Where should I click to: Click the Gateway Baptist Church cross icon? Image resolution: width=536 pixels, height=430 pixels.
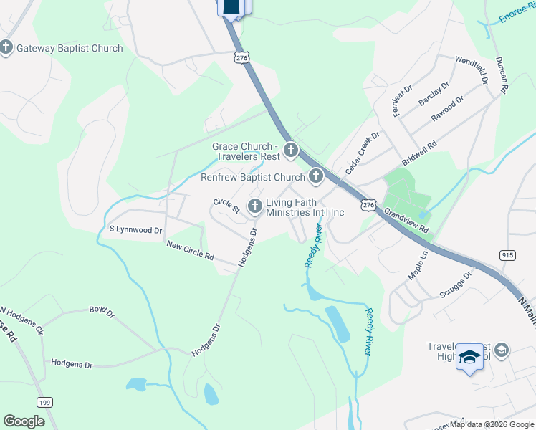tap(6, 48)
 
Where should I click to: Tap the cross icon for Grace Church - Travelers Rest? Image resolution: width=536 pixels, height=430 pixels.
tap(291, 150)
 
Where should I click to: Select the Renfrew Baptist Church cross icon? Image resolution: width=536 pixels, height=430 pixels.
tap(316, 176)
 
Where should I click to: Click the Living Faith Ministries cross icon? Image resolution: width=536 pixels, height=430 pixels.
tap(254, 207)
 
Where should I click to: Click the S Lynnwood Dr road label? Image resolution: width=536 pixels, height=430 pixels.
tap(135, 229)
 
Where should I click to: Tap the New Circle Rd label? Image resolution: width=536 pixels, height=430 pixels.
tap(190, 250)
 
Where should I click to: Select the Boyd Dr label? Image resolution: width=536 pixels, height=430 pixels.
tap(102, 311)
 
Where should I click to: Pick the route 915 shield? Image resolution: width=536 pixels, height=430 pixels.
tap(508, 255)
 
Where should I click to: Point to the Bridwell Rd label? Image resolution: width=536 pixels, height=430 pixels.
tap(419, 153)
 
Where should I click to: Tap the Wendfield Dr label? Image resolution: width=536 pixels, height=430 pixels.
tap(471, 68)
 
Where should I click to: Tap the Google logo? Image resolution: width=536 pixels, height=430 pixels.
tap(24, 421)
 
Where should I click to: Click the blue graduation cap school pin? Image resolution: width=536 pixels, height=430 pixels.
tap(469, 356)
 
